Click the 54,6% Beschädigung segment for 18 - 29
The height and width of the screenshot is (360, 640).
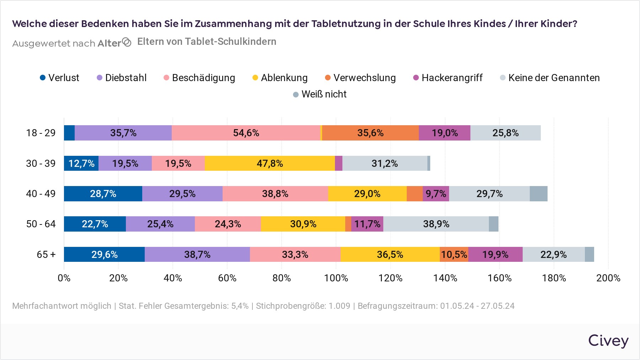pos(246,133)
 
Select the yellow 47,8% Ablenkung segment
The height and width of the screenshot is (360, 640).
pos(270,164)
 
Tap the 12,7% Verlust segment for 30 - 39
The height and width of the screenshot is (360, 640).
pos(81,164)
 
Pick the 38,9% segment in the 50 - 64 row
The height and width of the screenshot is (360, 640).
pos(436,224)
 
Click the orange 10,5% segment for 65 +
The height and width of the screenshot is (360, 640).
pos(454,255)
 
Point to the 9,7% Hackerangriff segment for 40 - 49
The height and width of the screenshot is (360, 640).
pos(436,194)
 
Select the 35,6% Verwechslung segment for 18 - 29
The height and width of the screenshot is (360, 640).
pos(370,133)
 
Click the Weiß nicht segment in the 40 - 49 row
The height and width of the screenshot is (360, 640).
pos(538,194)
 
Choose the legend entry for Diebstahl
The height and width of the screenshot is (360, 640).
pos(122,78)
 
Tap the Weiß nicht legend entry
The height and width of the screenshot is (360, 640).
pos(320,94)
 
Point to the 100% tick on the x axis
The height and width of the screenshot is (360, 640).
pos(336,278)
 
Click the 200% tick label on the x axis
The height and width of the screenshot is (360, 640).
pos(608,278)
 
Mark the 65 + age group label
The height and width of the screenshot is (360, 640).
pos(46,255)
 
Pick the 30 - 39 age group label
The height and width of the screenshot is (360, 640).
pos(41,164)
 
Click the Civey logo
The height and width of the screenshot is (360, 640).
pos(608,341)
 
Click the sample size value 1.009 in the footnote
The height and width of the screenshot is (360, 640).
pos(339,306)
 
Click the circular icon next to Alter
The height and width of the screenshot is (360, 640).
pos(127,42)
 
